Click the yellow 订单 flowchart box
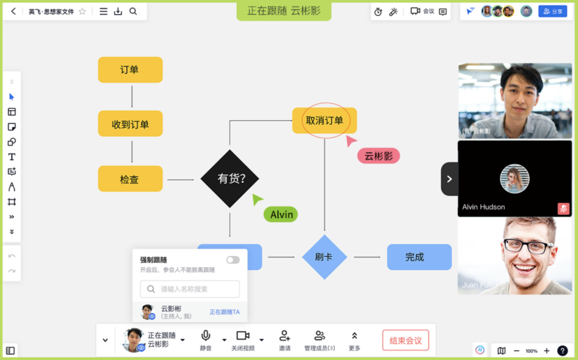(130, 70)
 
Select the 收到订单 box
(130, 124)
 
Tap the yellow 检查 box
(130, 179)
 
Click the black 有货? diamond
(230, 179)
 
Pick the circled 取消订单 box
(325, 121)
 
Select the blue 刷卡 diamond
(324, 257)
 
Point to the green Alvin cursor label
(281, 214)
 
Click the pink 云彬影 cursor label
(378, 156)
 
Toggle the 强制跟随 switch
(232, 260)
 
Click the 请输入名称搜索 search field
(190, 289)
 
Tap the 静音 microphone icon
(205, 336)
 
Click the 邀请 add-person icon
(284, 336)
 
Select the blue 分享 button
(553, 12)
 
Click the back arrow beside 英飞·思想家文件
(13, 12)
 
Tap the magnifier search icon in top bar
(133, 12)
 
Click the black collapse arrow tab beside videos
(449, 179)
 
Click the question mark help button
(562, 350)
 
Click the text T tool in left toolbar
(12, 157)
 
